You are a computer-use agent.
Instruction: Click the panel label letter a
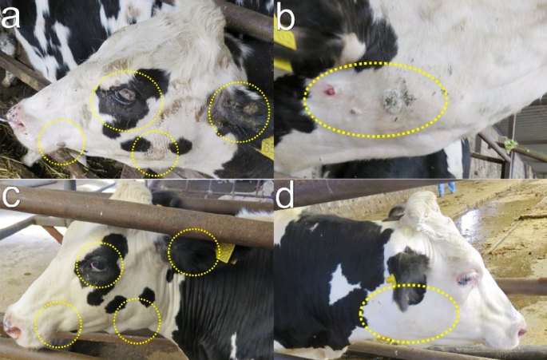point(10,17)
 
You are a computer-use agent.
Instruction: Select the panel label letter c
point(10,196)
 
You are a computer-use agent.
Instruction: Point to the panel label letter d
point(284,196)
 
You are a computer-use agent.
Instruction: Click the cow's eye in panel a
point(125,96)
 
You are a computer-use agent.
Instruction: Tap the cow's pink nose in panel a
point(15,121)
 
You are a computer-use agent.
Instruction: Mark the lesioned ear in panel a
point(237,109)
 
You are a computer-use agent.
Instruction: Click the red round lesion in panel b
point(330,92)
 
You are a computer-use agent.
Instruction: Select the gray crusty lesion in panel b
point(394,99)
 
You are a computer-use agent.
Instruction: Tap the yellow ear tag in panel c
point(226,252)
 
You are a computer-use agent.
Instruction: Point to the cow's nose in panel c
point(12,328)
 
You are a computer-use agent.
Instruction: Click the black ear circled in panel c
point(192,253)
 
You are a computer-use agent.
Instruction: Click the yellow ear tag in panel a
point(268,148)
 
